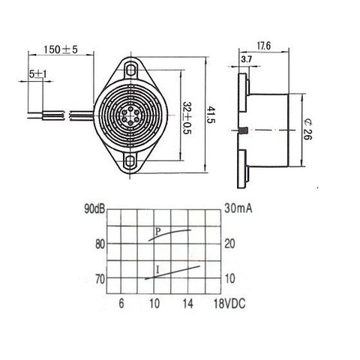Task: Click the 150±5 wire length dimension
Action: coord(61,49)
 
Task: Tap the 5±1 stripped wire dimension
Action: coord(38,74)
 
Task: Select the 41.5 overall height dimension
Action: coord(211,115)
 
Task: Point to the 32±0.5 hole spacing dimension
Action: coord(187,118)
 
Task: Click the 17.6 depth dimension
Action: coord(264,46)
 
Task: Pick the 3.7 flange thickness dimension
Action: coord(247,59)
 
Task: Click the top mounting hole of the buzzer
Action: coord(130,68)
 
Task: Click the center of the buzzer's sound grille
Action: coord(130,115)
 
